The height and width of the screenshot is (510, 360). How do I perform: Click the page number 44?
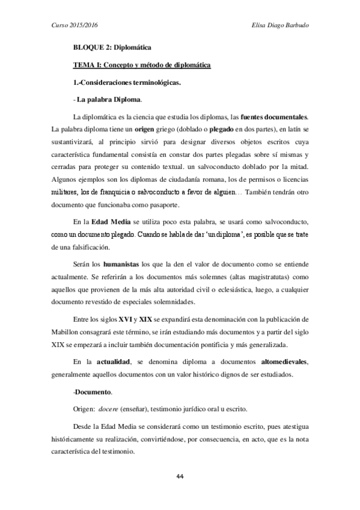click(x=180, y=476)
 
